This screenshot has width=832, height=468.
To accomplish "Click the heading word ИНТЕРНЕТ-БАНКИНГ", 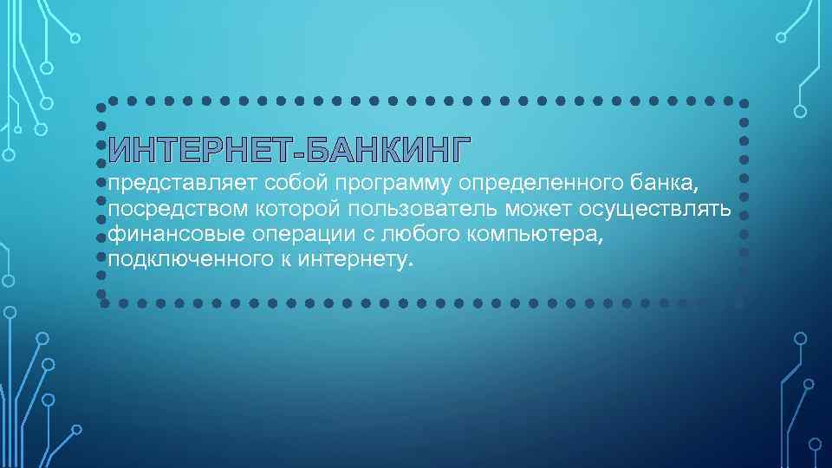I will coord(289,151).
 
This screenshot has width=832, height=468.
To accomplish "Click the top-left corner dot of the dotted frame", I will coord(101,107).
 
